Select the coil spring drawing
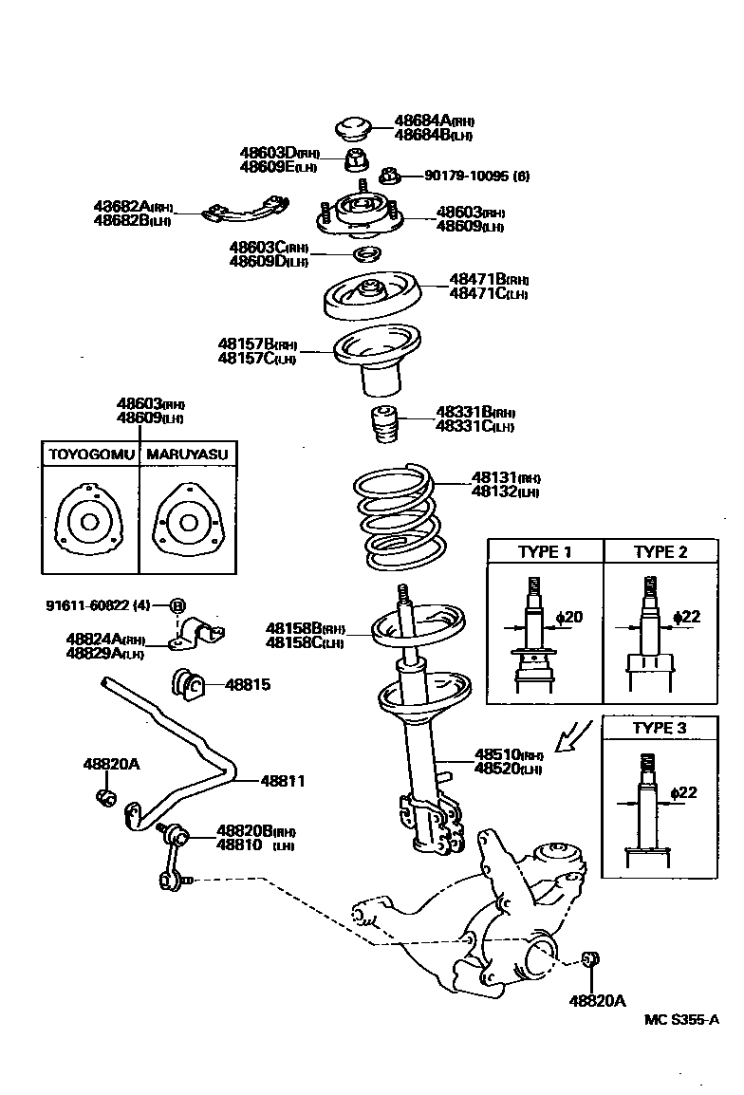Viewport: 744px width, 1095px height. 400,513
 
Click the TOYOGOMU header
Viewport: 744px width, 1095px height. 91,455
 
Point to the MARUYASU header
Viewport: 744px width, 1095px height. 187,455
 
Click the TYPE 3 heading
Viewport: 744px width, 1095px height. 660,729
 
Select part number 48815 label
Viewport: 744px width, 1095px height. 247,683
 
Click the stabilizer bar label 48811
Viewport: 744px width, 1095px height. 283,781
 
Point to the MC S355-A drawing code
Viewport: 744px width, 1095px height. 681,1020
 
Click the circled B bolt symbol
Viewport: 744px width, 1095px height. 177,605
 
